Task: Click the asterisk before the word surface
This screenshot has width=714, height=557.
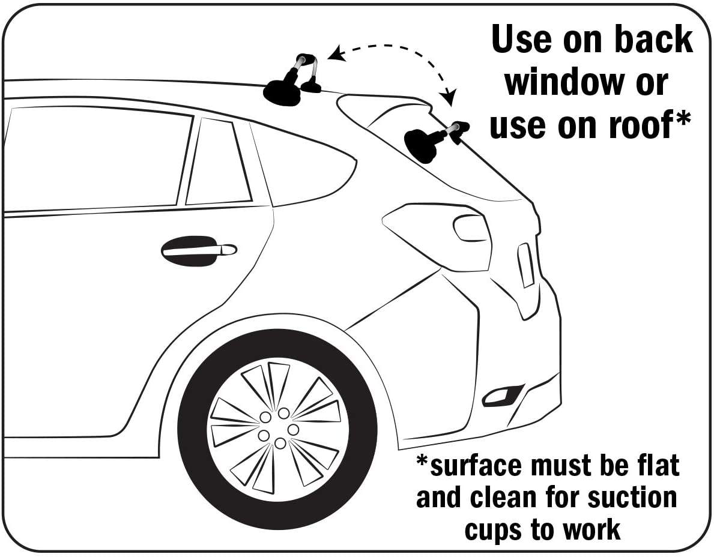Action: click(423, 460)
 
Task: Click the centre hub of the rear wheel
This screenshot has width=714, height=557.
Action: click(278, 429)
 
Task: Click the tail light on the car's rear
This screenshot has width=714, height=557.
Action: click(526, 265)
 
